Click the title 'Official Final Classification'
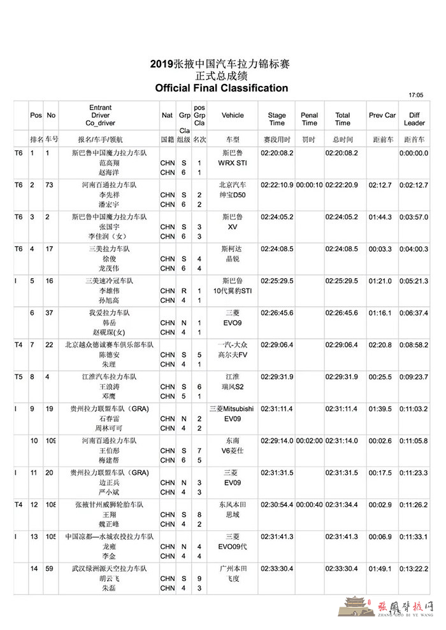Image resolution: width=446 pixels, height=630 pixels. tap(221, 88)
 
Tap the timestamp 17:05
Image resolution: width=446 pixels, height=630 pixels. tap(415, 95)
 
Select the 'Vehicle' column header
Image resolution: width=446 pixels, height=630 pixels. tap(233, 116)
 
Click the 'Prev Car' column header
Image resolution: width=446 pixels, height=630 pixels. tap(382, 116)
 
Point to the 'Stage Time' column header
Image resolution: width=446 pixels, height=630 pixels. tap(277, 119)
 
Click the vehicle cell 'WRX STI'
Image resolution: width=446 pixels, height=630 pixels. tap(232, 163)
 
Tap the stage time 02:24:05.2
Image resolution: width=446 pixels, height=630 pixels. tap(277, 216)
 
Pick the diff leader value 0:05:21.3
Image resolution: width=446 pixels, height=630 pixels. tap(413, 281)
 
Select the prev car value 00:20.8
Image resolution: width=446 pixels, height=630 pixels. tap(382, 344)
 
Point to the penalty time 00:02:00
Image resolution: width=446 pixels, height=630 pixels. tap(309, 440)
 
